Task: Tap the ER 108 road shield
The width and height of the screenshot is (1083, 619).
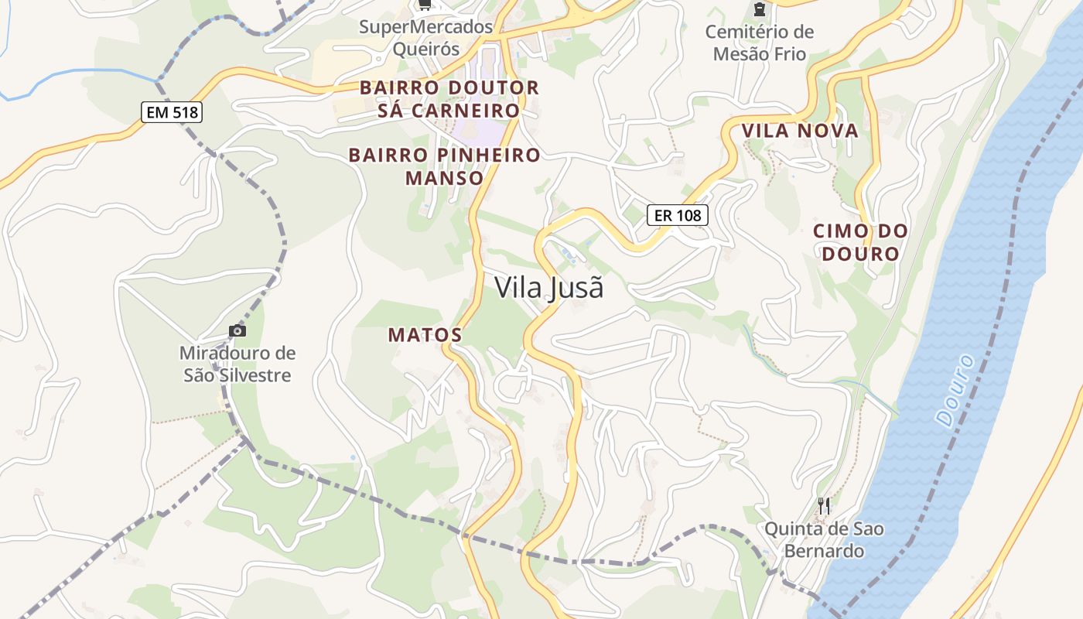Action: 678,215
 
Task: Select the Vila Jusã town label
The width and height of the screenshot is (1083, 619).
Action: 548,288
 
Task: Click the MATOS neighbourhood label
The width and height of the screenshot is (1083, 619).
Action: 425,335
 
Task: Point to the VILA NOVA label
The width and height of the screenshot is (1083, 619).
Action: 800,131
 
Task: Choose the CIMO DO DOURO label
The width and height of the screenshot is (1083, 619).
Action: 860,242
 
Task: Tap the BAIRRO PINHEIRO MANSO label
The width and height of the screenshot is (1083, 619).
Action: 445,166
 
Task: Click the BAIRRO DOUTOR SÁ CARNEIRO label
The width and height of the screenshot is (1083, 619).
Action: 449,99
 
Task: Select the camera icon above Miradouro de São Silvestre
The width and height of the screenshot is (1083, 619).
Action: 237,331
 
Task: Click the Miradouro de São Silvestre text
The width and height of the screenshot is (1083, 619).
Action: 237,364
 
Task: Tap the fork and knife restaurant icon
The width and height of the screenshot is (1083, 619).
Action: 824,506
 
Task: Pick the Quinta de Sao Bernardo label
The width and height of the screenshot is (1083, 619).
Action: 824,540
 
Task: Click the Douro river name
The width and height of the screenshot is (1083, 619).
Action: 955,390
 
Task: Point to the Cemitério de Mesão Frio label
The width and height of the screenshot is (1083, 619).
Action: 760,43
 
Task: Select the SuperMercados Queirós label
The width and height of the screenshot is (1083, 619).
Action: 425,38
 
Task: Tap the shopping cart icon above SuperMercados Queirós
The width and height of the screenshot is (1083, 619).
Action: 424,5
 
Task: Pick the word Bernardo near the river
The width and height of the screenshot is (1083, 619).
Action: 824,552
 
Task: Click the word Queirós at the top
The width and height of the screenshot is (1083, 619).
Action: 425,50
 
